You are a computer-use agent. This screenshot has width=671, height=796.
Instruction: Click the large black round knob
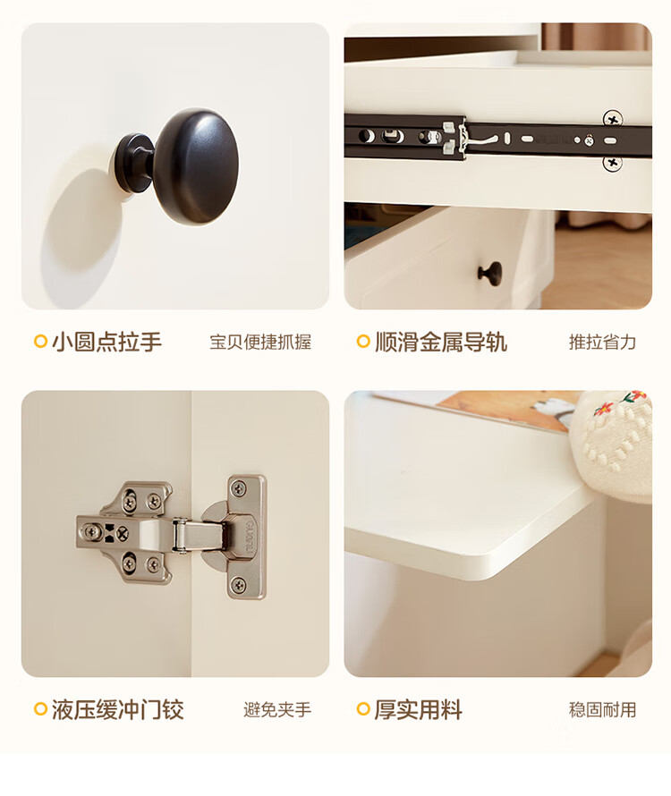tap(196, 166)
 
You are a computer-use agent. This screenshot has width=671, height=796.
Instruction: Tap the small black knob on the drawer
tap(490, 274)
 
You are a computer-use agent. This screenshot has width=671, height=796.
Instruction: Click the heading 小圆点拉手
tap(106, 342)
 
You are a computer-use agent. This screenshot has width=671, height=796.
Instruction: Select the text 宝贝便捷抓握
tap(260, 343)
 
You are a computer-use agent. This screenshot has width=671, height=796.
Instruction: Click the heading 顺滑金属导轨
tap(441, 342)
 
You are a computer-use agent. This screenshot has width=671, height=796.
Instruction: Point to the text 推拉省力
tap(602, 343)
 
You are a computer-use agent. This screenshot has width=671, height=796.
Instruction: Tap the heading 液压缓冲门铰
tap(117, 710)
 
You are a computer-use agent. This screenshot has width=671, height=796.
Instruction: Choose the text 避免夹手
tap(277, 710)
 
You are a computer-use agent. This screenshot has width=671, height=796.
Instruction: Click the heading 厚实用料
tap(419, 710)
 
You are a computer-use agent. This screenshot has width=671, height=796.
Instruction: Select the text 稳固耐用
tap(602, 710)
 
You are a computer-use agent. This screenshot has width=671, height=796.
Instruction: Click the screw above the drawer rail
tap(613, 119)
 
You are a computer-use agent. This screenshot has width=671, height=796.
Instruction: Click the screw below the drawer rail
tap(613, 163)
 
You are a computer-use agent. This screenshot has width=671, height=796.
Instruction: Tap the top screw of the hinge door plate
tap(238, 489)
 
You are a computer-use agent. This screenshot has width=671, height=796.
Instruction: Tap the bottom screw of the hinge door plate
tap(238, 584)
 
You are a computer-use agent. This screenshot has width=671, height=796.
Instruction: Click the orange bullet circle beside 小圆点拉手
tap(40, 341)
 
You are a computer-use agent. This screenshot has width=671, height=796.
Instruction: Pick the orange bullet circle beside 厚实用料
tap(363, 708)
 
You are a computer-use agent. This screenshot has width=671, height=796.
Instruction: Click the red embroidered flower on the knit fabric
tap(603, 409)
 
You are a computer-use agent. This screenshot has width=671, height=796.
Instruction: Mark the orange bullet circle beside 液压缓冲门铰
tap(40, 708)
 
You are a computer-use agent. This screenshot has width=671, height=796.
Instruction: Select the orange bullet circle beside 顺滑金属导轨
tap(363, 341)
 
